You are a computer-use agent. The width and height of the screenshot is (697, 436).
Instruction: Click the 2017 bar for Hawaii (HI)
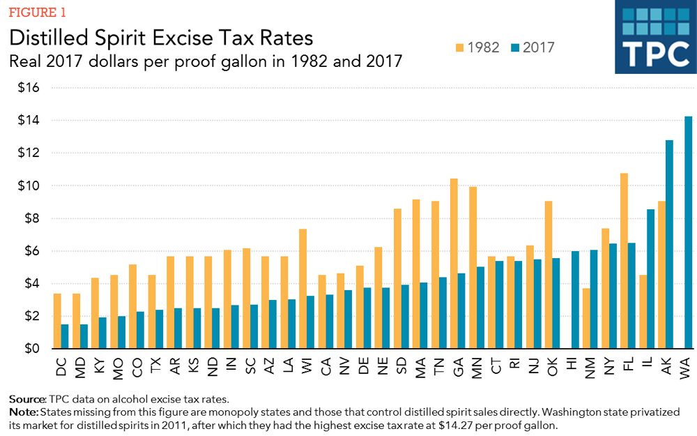(575, 300)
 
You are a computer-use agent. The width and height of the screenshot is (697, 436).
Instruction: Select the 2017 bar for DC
(65, 336)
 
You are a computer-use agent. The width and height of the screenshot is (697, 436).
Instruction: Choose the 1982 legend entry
(476, 47)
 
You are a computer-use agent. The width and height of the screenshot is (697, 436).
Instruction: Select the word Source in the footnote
(27, 399)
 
